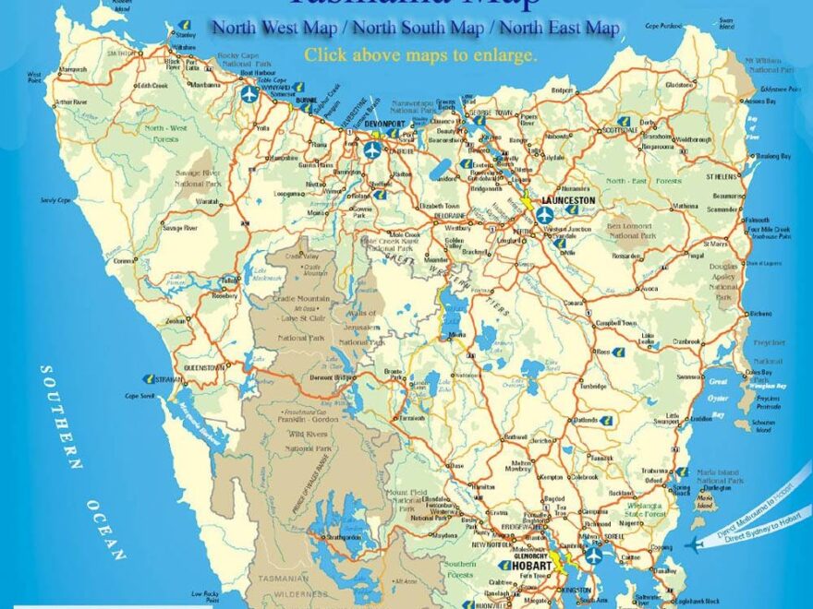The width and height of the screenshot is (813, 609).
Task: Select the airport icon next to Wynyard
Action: click(x=249, y=93)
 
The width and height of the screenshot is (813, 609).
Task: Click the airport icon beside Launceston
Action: click(x=544, y=214)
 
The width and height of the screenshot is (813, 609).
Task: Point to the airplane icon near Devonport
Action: click(x=371, y=149)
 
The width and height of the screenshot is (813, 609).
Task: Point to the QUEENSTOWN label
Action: click(x=205, y=366)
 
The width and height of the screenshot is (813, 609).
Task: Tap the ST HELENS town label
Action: click(x=723, y=175)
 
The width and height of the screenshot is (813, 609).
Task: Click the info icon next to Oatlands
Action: click(x=605, y=420)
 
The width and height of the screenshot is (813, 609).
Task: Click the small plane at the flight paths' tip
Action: click(x=694, y=544)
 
